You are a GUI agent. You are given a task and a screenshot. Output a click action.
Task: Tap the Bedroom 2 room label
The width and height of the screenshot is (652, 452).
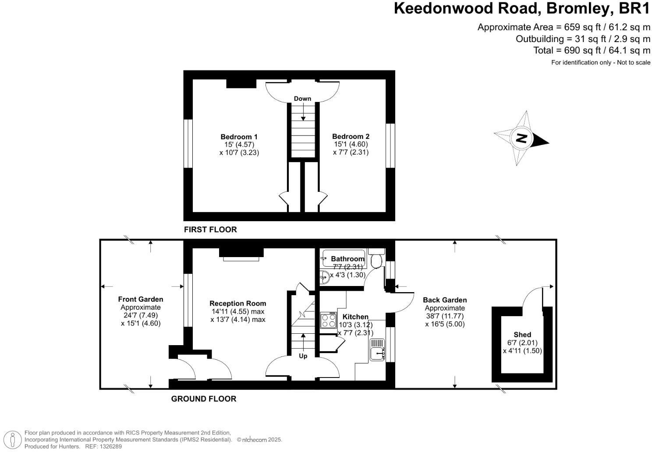pyautogui.click(x=347, y=136)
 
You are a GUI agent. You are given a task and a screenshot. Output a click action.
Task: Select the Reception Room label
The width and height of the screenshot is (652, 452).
pyautogui.click(x=237, y=303)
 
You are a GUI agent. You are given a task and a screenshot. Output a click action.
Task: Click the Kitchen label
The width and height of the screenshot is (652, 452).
pyautogui.click(x=355, y=317)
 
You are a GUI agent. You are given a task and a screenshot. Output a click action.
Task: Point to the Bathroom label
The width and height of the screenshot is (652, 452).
pyautogui.click(x=347, y=259)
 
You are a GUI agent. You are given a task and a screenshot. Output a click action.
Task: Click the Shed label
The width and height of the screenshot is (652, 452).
pyautogui.click(x=522, y=335)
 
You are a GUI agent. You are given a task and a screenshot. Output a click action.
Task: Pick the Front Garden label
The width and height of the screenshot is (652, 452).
pyautogui.click(x=141, y=299)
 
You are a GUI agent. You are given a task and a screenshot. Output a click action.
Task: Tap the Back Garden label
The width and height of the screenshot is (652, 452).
pyautogui.click(x=445, y=300)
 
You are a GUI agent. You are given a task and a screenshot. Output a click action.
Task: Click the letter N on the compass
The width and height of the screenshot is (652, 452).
pyautogui.click(x=521, y=138)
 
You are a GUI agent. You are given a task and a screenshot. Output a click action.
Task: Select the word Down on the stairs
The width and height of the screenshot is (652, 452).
pyautogui.click(x=302, y=99)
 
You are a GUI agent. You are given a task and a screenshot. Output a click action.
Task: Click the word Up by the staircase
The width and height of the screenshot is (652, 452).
pyautogui.click(x=303, y=356)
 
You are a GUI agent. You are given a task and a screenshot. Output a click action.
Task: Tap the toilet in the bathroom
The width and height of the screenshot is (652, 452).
pyautogui.click(x=376, y=261)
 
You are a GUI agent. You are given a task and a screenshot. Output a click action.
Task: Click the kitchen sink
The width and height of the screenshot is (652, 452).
pyautogui.click(x=377, y=353)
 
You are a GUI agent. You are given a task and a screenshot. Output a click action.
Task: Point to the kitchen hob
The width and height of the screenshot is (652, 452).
pyautogui.click(x=327, y=320)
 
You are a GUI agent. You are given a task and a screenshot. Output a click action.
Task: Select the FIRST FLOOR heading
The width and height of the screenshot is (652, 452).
pyautogui.click(x=210, y=230)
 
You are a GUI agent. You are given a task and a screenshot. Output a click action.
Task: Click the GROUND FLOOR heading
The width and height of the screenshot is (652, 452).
pyautogui.click(x=204, y=399)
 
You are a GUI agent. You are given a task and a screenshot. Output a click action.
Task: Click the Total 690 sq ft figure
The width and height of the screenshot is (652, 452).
pyautogui.click(x=592, y=50)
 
